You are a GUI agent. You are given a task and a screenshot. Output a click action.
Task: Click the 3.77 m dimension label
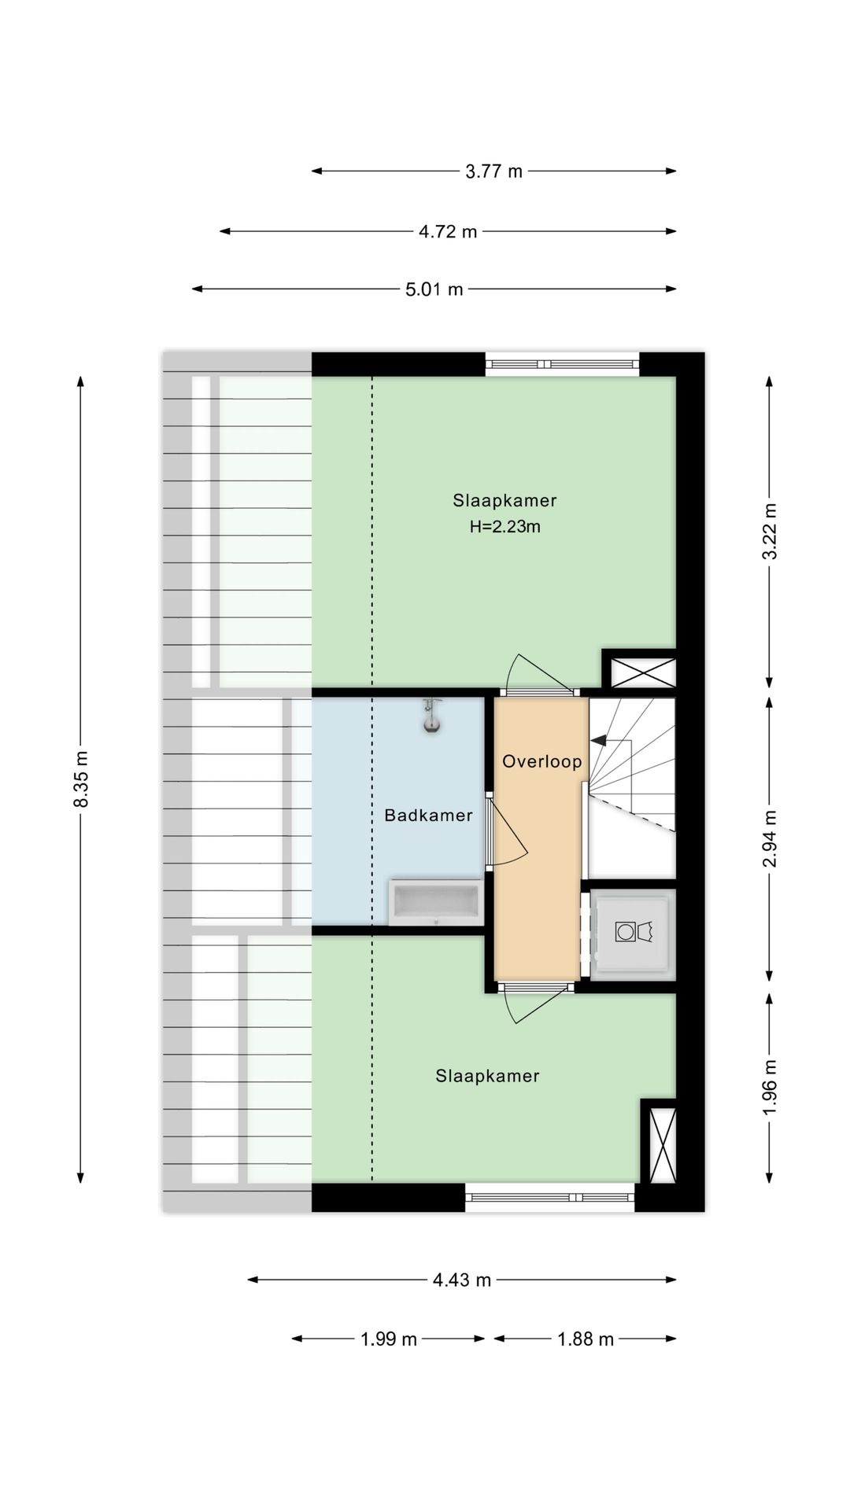(493, 171)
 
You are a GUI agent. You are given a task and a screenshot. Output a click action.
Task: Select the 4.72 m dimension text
(448, 231)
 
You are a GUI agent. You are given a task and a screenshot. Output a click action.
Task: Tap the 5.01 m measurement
(434, 289)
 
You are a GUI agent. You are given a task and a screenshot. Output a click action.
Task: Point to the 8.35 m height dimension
(80, 778)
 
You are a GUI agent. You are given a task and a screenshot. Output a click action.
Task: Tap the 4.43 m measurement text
(461, 1280)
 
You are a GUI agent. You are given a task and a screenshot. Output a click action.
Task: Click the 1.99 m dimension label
(388, 1339)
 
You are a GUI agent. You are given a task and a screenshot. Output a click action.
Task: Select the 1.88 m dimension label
(586, 1339)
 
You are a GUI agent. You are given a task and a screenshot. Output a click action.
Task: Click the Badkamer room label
(428, 816)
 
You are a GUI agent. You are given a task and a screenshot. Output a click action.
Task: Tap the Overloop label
(542, 761)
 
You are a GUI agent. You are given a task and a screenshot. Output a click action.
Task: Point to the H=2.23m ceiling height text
(504, 527)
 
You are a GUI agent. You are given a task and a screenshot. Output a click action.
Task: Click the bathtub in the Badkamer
(434, 902)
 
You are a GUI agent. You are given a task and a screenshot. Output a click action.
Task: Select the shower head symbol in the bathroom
(431, 716)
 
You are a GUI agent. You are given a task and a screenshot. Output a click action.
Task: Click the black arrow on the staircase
(599, 741)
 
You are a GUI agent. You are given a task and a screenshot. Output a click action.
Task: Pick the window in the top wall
(561, 363)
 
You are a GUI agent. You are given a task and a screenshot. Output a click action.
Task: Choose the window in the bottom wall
(549, 1198)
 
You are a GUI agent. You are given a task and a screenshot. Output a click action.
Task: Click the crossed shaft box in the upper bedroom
(638, 672)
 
